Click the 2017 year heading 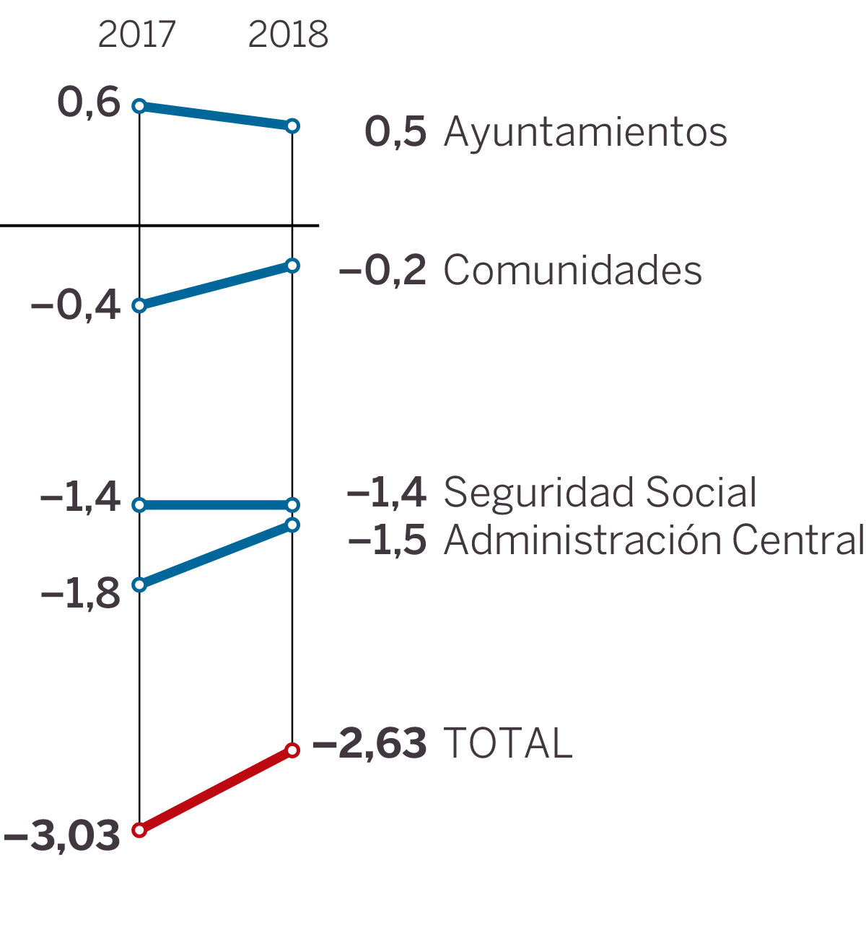click(x=136, y=35)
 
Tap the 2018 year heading click(x=288, y=35)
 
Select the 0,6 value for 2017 click(x=89, y=102)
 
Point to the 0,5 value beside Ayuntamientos click(x=395, y=132)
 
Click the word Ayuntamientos click(x=585, y=132)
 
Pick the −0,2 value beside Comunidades click(x=382, y=271)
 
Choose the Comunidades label click(x=572, y=271)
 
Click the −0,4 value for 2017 click(x=76, y=305)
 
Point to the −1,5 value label click(x=388, y=540)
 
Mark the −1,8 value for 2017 click(x=81, y=594)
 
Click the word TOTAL click(x=508, y=743)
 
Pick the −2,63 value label click(x=369, y=743)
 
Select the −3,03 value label click(x=62, y=836)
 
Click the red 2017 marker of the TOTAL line click(x=139, y=830)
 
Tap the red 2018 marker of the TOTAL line click(x=292, y=750)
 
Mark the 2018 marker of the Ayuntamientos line click(x=292, y=126)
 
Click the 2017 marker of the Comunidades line click(x=139, y=306)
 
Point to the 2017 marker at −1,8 click(x=139, y=584)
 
